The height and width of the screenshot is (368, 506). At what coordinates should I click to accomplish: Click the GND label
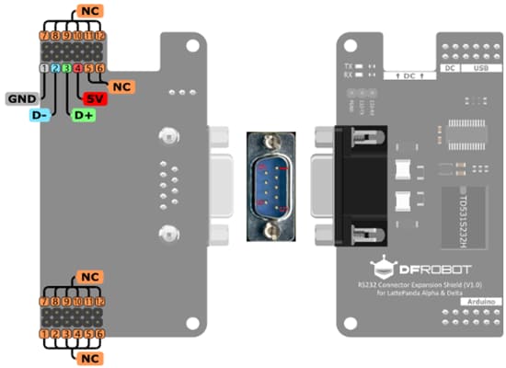tap(21, 98)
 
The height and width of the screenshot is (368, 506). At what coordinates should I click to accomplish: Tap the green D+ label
tap(84, 115)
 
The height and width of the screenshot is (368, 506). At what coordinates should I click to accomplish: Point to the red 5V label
tap(95, 98)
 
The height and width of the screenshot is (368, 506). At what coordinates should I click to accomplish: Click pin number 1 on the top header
tap(44, 68)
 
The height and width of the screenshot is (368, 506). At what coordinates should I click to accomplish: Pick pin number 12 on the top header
tap(100, 35)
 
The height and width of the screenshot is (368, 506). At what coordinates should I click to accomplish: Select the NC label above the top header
tap(89, 11)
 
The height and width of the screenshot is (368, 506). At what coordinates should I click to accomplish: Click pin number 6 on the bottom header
tap(100, 334)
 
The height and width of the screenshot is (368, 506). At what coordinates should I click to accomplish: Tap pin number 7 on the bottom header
tap(44, 301)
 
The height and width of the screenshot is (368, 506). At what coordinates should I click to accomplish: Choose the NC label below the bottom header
tap(89, 356)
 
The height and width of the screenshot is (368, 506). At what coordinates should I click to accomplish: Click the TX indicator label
tap(347, 66)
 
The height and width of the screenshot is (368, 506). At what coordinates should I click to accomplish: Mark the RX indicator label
tap(347, 75)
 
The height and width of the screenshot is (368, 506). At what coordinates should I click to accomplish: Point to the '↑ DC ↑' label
tap(405, 75)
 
